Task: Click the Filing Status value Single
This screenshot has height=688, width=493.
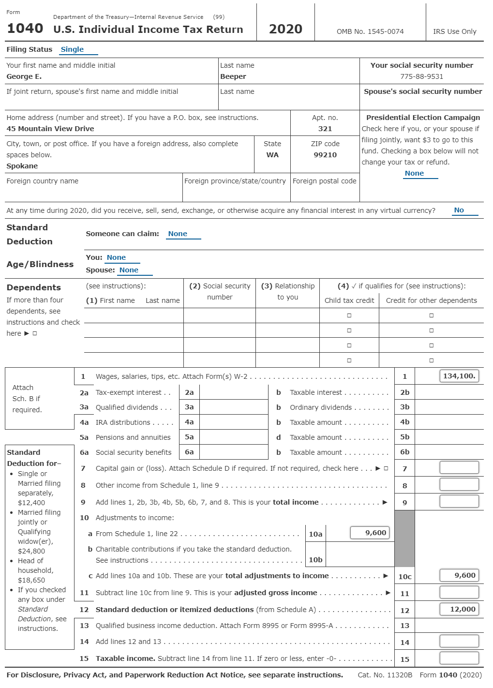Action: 72,49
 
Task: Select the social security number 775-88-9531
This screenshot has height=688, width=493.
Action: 421,76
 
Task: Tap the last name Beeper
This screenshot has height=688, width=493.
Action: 233,76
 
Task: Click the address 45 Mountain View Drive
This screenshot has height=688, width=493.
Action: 50,129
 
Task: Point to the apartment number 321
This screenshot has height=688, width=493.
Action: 325,129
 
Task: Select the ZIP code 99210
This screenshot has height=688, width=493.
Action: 325,155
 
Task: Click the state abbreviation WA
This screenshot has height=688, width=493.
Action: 272,155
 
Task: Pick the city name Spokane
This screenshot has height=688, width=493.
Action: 22,166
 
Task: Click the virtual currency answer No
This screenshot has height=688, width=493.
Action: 459,210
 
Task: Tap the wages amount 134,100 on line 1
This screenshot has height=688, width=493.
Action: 459,376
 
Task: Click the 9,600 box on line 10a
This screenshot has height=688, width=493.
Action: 370,533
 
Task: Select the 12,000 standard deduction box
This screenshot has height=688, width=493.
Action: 459,609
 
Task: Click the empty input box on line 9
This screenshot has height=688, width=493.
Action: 459,501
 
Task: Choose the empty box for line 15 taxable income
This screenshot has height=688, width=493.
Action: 459,658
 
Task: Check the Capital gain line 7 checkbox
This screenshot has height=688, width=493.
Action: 386,468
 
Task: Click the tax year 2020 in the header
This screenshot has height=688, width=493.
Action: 285,29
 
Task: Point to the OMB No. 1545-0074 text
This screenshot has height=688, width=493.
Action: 370,31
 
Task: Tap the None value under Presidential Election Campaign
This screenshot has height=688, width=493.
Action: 414,173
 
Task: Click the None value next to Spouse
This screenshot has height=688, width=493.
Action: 129,270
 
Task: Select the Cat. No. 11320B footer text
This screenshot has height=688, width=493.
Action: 385,675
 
